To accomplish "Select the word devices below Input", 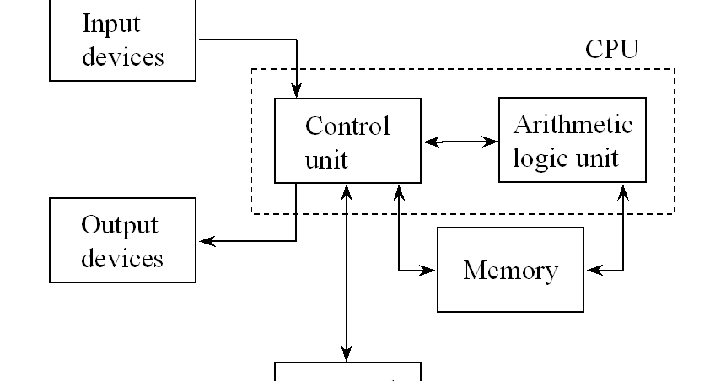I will pos(122,56).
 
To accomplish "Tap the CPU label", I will pos(611,49).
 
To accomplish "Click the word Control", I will pos(347,126).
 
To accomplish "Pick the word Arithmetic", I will pos(573,125).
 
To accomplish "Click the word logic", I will pos(541,158).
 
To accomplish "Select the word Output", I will pos(119,225).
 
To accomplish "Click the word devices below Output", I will pos(122,257).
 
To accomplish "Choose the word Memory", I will pos(510,271).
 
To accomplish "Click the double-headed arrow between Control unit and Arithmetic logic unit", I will pos(460,142).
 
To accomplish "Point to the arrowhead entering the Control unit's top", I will pos(297,90).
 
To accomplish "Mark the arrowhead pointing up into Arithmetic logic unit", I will pos(623,192).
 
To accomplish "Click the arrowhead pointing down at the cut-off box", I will pos(347,352).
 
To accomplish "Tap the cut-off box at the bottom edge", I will pos(347,373).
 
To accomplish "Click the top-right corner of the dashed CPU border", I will pos(673,69).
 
